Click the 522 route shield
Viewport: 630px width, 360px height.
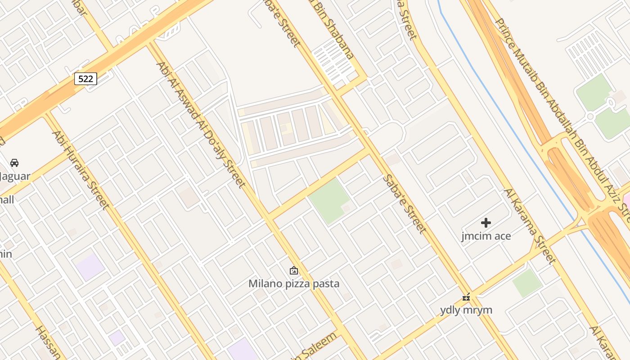tap(85, 79)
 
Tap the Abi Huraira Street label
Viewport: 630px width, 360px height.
tap(81, 170)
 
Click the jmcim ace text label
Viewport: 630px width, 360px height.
tap(486, 236)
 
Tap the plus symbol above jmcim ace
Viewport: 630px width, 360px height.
tap(486, 222)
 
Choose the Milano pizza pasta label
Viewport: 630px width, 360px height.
tap(294, 284)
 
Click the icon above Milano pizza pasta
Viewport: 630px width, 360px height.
tap(294, 270)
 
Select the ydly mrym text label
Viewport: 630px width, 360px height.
tap(466, 310)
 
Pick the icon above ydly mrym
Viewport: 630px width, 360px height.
tap(466, 297)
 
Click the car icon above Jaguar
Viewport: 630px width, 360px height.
tap(14, 162)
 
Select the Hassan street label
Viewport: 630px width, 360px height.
tap(48, 342)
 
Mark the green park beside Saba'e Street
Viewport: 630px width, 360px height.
tap(330, 201)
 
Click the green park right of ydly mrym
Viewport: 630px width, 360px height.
tap(527, 283)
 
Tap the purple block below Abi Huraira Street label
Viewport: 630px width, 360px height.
tap(90, 266)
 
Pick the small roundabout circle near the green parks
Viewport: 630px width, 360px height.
tap(591, 117)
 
